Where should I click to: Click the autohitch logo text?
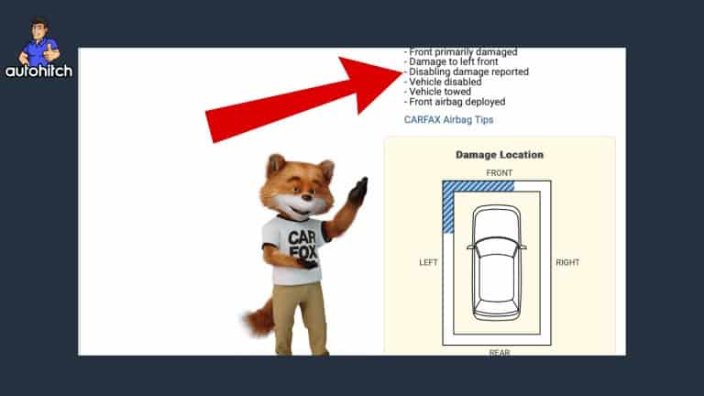[39, 71]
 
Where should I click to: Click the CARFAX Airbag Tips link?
[448, 119]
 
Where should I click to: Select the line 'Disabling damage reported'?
[467, 71]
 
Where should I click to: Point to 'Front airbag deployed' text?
[455, 102]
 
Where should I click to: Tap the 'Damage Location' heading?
[500, 155]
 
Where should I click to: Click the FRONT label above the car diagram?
[500, 172]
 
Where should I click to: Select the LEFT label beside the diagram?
[428, 262]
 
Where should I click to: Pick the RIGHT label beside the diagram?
[567, 262]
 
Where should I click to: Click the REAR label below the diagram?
[500, 351]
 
